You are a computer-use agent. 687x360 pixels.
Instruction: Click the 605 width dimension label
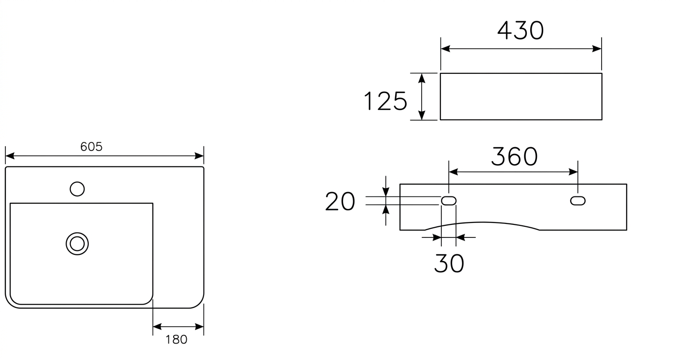[91, 147]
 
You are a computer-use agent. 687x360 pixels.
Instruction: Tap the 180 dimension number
[177, 339]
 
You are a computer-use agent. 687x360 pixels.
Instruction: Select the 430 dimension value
[521, 31]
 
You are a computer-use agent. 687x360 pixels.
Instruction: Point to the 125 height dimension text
[385, 101]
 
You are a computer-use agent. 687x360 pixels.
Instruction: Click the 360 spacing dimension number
[514, 156]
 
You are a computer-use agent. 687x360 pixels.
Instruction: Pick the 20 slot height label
[340, 201]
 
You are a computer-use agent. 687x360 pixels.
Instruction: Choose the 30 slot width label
[449, 263]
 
